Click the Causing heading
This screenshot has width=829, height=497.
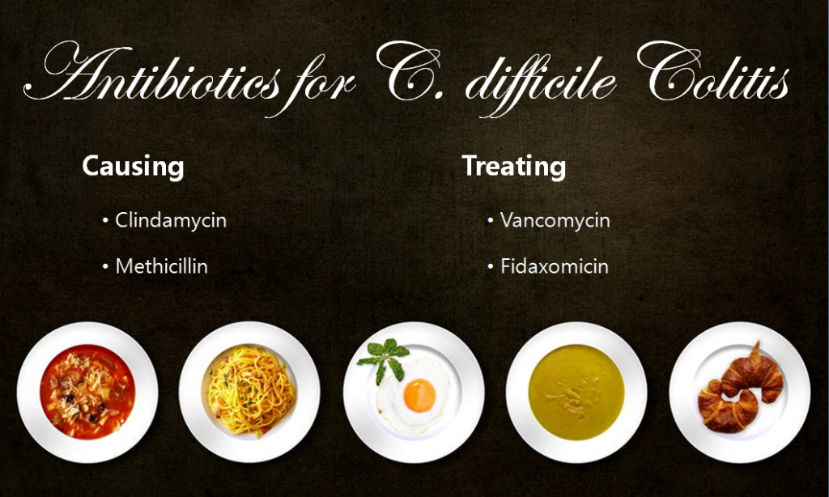pos(133,167)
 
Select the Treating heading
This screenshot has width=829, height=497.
pos(513,167)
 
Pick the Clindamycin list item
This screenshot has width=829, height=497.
pos(170,220)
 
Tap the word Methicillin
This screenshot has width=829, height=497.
pos(161,266)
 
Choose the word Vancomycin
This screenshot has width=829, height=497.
pos(555,220)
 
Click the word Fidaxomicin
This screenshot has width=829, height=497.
pos(554,266)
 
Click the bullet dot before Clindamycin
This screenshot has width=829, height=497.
pos(105,220)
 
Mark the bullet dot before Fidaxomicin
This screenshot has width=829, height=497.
pos(491,266)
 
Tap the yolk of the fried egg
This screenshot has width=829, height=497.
pos(419,394)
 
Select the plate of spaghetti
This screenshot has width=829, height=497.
pos(249,392)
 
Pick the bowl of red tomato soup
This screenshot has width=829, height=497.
pos(87,392)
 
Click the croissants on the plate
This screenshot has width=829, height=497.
pos(740,389)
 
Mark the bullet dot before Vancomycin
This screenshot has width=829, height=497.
pos(491,220)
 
